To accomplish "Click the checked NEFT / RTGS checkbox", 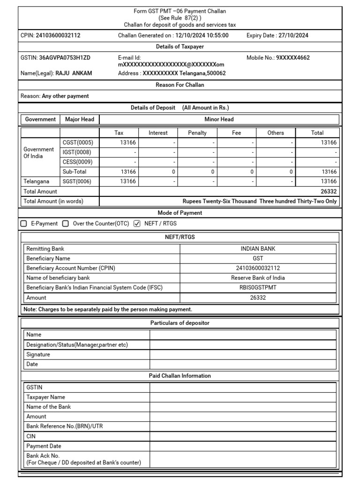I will click(137, 224).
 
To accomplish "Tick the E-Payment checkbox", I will click(24, 224).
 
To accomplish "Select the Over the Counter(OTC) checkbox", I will click(66, 224).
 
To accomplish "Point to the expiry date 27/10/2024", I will click(293, 35).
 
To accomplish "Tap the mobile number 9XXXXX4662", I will click(292, 58).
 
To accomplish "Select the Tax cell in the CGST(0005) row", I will click(119, 142).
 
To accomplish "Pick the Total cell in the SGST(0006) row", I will click(317, 181).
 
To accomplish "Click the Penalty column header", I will click(197, 133).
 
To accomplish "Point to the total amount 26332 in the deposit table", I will click(329, 191).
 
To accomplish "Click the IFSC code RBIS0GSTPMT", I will click(258, 287).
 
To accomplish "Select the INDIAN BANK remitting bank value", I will click(258, 249).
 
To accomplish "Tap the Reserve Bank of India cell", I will click(258, 277).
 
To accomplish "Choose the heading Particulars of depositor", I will click(180, 323).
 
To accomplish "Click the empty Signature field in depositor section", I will click(243, 354).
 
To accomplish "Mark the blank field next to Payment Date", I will click(243, 446).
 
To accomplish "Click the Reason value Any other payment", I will click(65, 96).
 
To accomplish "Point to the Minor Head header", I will click(219, 120).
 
